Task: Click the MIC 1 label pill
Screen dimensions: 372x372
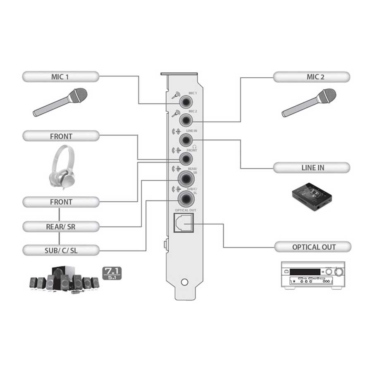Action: (x=61, y=76)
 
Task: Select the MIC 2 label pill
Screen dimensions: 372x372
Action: (x=312, y=77)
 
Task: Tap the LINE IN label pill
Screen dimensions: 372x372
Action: (x=312, y=168)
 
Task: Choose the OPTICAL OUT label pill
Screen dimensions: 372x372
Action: (x=313, y=247)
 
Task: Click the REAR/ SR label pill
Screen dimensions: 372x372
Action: (x=61, y=227)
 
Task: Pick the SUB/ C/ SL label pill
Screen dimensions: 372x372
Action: (x=61, y=250)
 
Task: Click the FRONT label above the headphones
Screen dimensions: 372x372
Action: (x=61, y=136)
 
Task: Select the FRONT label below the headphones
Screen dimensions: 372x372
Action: (x=61, y=202)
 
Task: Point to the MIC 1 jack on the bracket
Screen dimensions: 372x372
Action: (x=186, y=102)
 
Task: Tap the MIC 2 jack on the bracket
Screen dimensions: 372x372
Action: (x=186, y=120)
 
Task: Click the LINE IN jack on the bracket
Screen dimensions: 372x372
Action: (x=186, y=140)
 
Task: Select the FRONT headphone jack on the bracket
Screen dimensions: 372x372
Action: (x=186, y=159)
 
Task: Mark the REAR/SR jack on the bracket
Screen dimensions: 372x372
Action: (x=186, y=179)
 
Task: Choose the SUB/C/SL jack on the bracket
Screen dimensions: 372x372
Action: (x=186, y=199)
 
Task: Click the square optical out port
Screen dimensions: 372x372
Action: (x=184, y=222)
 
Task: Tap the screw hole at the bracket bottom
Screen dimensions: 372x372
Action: (x=184, y=282)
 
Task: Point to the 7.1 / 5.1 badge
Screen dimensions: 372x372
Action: (x=112, y=273)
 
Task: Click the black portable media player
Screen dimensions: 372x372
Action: (x=312, y=197)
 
